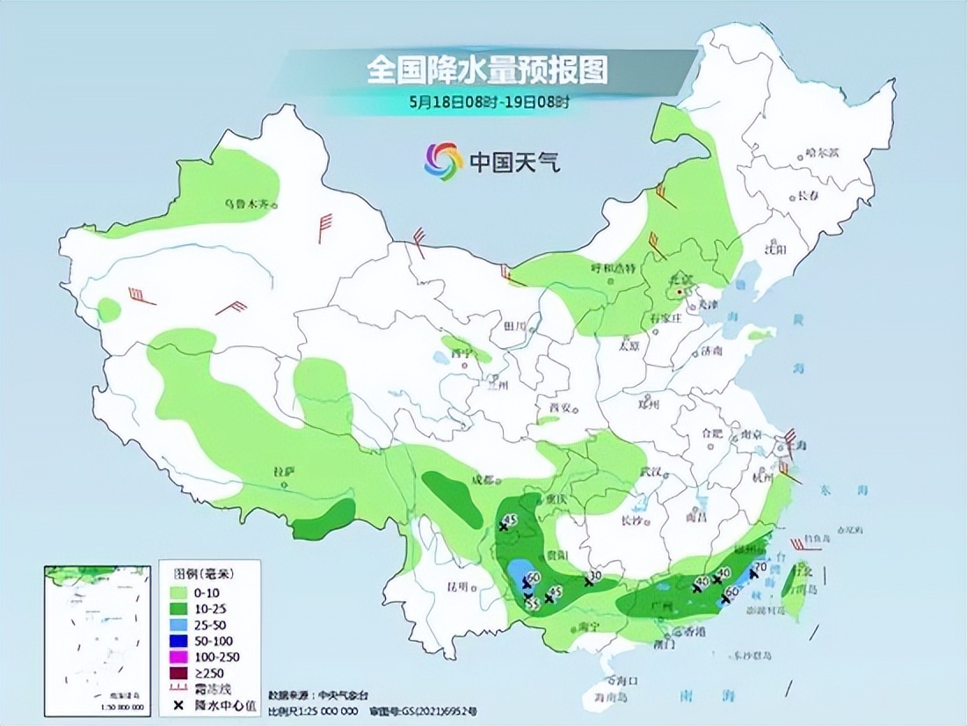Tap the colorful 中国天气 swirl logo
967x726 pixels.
point(443,161)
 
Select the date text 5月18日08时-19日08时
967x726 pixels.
point(489,101)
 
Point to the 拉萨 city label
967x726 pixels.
point(283,472)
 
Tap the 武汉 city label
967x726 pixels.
point(651,472)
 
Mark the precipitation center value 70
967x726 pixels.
point(761,567)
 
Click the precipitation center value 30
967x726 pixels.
point(597,577)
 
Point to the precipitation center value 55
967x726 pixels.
point(532,605)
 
